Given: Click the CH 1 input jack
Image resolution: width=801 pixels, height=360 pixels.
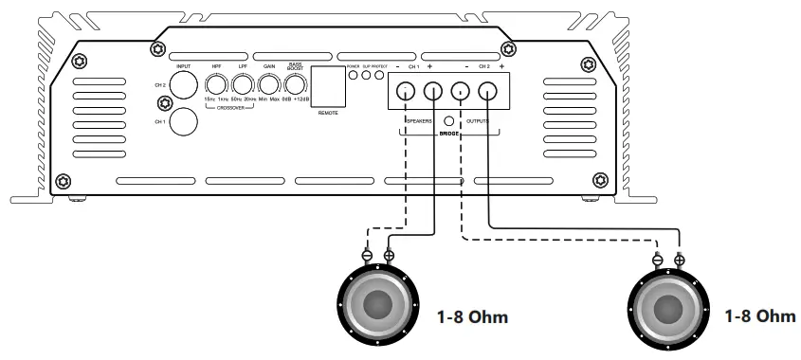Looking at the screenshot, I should (182, 121).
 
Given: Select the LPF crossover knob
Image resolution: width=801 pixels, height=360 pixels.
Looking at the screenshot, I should (242, 87).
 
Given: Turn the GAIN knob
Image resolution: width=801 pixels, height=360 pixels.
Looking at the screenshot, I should (269, 87).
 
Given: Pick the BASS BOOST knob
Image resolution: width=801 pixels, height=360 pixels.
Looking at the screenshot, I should (296, 87).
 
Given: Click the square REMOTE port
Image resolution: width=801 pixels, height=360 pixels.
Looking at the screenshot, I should (328, 87).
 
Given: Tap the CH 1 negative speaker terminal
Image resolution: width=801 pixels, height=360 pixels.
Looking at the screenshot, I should (406, 92).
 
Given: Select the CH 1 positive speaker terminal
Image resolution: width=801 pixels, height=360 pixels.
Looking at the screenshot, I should (433, 92).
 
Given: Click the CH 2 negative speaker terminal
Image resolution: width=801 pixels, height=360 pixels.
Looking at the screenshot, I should (461, 92).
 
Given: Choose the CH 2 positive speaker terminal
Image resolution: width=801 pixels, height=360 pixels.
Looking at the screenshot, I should (488, 92).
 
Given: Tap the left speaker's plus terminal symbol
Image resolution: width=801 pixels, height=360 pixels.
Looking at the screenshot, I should (389, 255).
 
